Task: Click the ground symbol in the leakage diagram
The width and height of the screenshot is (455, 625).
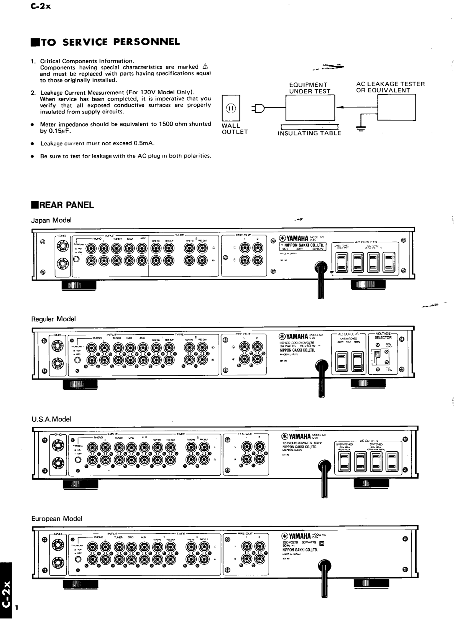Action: click(361, 129)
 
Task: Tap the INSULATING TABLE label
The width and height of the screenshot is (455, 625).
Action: click(309, 133)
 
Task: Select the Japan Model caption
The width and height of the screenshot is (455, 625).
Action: click(51, 220)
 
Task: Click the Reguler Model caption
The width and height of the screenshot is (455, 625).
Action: click(53, 319)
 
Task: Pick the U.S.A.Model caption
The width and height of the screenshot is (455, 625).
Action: click(51, 419)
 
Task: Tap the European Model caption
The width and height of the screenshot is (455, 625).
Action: click(57, 518)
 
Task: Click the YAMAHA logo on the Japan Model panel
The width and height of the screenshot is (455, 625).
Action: click(294, 238)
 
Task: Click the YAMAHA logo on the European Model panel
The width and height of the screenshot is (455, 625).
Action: click(296, 536)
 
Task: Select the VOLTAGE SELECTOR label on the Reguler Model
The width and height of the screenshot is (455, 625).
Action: click(383, 336)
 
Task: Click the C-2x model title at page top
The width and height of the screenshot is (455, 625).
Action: click(41, 6)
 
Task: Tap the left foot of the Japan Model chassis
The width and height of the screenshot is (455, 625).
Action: click(78, 286)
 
